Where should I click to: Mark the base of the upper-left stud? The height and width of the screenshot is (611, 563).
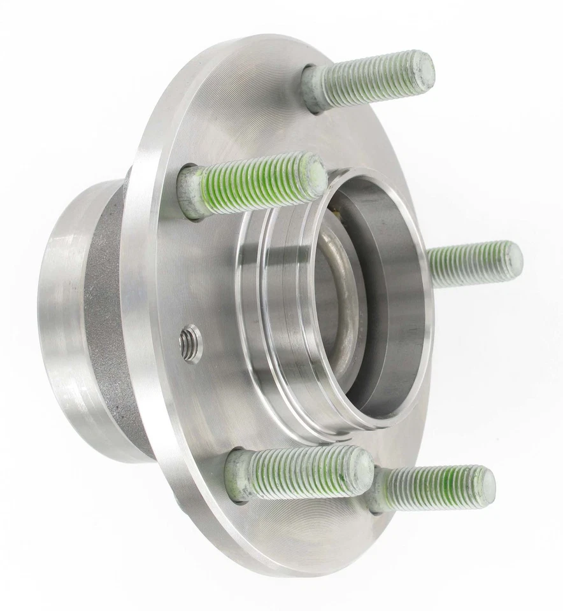click(190, 192)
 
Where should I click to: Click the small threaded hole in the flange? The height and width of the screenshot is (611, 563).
click(190, 342)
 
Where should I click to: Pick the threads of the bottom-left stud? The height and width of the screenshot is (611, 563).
click(299, 472)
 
